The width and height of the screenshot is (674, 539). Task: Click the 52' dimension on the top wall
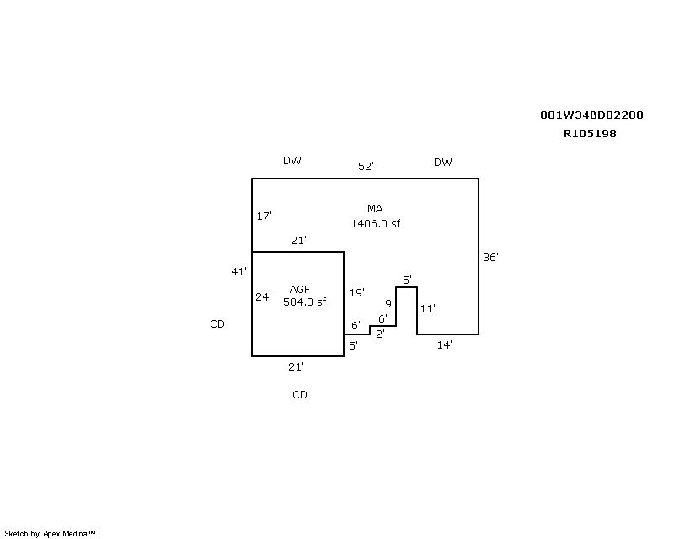point(366,167)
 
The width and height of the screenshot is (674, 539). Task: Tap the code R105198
point(590,133)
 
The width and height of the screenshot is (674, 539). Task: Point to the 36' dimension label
point(491,258)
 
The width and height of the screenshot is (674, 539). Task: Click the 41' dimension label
point(239,271)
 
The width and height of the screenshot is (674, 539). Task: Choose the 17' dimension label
point(264,216)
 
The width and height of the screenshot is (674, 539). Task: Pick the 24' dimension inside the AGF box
point(264,296)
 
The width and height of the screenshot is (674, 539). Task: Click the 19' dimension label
point(357,293)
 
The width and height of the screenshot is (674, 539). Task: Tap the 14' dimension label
point(445,345)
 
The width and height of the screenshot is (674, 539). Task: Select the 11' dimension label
point(427,309)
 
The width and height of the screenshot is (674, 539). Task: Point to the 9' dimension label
point(389,303)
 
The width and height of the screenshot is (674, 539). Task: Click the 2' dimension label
point(380,334)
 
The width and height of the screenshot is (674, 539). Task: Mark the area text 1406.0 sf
point(376,223)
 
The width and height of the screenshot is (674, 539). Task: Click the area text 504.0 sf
point(304,302)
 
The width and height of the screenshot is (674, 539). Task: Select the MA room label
point(375,209)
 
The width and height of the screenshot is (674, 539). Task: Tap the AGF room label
point(300,289)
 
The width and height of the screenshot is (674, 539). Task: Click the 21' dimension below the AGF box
point(297,366)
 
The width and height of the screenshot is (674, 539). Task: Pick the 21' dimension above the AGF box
point(298,241)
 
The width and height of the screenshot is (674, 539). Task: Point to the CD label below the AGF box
point(299,395)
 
